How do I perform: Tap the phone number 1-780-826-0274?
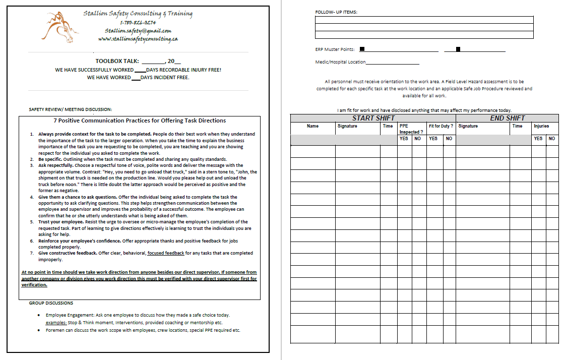(138, 22)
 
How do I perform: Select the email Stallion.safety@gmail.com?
(138, 31)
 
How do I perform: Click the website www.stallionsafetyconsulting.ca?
(138, 39)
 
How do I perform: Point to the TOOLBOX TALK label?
(117, 61)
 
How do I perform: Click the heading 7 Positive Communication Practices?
(140, 121)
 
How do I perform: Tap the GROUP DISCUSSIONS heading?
(51, 303)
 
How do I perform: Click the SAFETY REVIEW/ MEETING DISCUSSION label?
(71, 109)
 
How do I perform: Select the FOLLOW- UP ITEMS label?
(336, 12)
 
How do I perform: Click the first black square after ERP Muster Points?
(362, 49)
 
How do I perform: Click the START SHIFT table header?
(373, 118)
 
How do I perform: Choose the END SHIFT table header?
(508, 118)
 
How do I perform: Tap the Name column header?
(312, 126)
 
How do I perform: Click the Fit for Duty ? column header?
(441, 126)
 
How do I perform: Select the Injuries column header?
(541, 126)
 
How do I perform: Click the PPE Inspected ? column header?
(409, 129)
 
